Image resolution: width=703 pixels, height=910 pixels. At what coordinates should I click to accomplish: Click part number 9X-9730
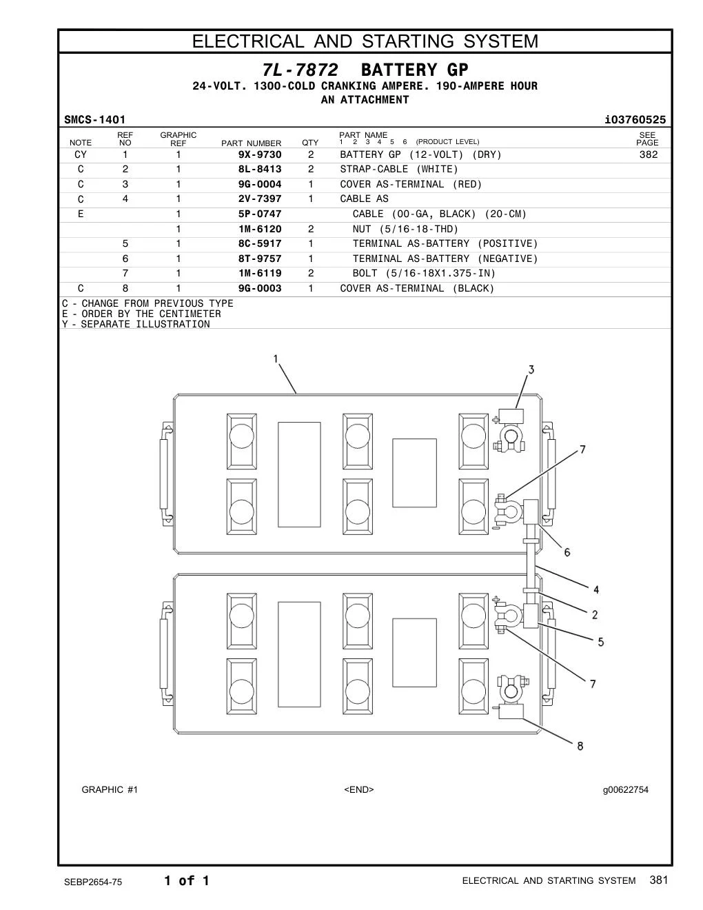click(260, 154)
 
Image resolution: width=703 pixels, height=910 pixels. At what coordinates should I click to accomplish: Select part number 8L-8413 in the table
click(260, 169)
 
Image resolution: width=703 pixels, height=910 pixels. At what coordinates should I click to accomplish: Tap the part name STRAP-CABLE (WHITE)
click(398, 169)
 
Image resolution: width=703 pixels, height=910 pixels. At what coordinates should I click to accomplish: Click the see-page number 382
click(648, 154)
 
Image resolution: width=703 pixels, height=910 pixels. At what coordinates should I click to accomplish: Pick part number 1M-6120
click(260, 229)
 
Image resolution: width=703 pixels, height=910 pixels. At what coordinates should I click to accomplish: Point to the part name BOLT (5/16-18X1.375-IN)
click(424, 274)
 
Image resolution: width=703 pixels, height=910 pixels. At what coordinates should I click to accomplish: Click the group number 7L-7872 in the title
click(300, 70)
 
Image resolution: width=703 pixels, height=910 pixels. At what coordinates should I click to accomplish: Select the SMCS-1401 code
click(94, 120)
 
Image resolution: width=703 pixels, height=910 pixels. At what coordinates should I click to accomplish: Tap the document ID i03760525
click(635, 120)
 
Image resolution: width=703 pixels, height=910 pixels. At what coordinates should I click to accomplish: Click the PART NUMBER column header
click(252, 143)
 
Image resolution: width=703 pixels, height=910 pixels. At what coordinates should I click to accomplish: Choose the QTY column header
click(310, 143)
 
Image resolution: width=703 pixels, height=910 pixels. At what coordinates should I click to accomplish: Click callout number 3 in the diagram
click(531, 370)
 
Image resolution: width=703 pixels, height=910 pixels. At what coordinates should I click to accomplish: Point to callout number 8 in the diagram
click(580, 746)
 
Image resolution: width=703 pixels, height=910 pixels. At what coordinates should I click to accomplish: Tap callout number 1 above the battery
click(276, 359)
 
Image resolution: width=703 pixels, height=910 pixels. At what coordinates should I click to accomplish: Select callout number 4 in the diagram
click(596, 589)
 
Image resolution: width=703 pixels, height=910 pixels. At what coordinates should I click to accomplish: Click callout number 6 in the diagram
click(567, 552)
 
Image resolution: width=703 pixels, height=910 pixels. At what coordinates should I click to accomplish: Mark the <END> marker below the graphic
click(359, 789)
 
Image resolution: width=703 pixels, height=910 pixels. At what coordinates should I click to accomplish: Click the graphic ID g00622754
click(626, 789)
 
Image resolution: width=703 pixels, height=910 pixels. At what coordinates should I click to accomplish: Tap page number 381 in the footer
click(659, 880)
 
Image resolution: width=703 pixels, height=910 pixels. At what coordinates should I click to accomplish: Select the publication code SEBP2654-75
click(93, 882)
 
